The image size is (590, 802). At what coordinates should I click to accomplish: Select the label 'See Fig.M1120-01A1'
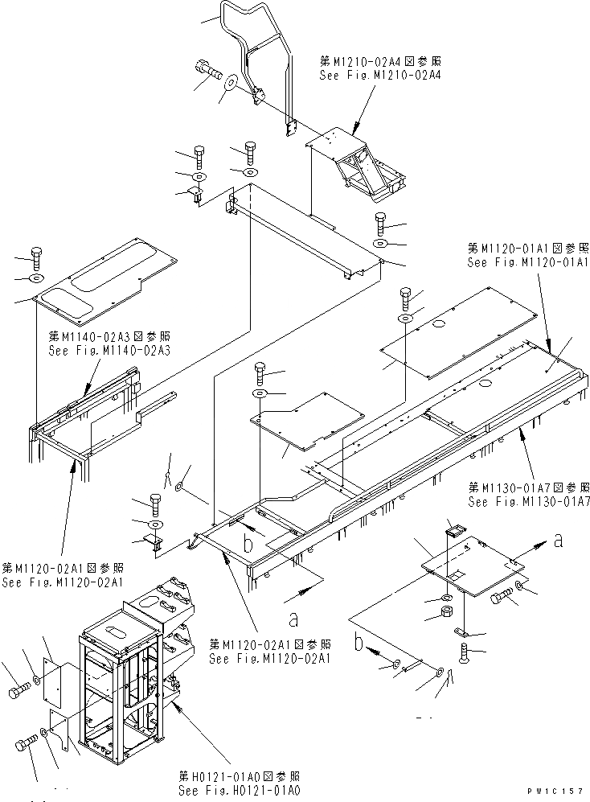coord(528,263)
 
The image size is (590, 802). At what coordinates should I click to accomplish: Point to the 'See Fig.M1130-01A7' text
coord(528,502)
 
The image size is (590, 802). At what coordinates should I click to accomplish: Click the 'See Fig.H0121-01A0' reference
coord(240,791)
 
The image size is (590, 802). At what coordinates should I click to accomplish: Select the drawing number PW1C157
coord(554,792)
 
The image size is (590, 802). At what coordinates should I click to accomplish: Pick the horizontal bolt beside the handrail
coord(207,71)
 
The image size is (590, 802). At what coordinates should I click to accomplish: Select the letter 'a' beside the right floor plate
coord(557,542)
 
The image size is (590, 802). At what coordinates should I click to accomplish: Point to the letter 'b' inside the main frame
coord(250,544)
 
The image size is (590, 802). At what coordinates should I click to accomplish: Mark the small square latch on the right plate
coord(454,528)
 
